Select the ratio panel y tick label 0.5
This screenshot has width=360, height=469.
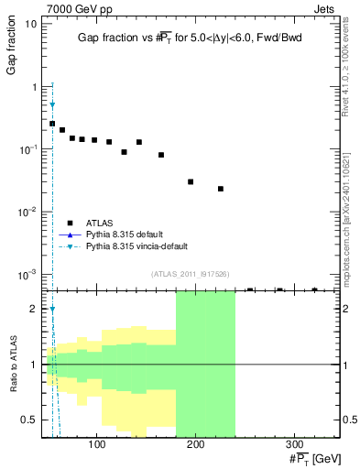click(30, 420)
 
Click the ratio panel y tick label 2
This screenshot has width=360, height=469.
click(35, 309)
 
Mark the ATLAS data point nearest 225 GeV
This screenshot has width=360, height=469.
click(221, 189)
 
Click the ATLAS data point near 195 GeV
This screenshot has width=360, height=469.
click(191, 181)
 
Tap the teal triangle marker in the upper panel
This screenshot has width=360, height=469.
click(52, 105)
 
